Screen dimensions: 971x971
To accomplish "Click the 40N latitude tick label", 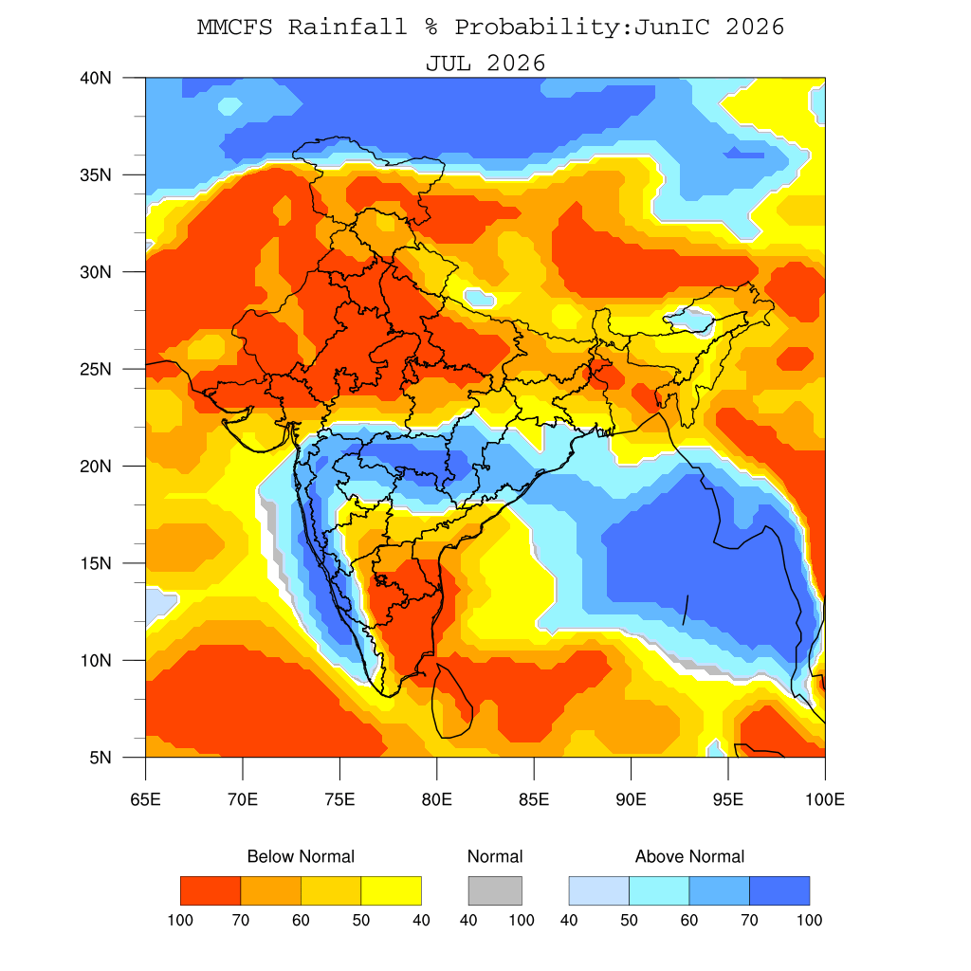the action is pos(96,78).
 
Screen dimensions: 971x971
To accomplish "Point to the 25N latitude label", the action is pos(96,369).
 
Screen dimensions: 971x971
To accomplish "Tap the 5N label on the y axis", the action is pos(101,758).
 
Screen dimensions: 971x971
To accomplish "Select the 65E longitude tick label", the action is pos(145,799).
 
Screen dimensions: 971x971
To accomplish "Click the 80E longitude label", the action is pos(436,799).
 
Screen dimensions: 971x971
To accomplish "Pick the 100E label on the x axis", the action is pos(825,799).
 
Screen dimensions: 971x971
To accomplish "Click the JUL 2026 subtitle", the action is pos(485,64).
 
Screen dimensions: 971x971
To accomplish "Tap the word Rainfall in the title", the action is pos(348,27).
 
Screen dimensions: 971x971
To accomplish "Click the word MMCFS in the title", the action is pos(235,27).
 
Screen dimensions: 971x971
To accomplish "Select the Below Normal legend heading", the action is pos(301,856).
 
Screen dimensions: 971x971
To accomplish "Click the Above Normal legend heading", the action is pos(690,856).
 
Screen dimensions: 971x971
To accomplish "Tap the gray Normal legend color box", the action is pos(495,890).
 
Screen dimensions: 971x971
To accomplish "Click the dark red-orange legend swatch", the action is pos(211,890).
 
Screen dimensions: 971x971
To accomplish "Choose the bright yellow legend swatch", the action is pos(392,890).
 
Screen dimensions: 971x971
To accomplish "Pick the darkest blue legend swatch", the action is pos(779,890).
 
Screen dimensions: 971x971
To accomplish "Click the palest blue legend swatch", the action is pos(599,890).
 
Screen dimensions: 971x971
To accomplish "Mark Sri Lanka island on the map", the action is pos(452,701).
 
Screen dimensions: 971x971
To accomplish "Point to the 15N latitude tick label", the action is pos(96,563).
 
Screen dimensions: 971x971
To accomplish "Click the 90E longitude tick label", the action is pos(631,799).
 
